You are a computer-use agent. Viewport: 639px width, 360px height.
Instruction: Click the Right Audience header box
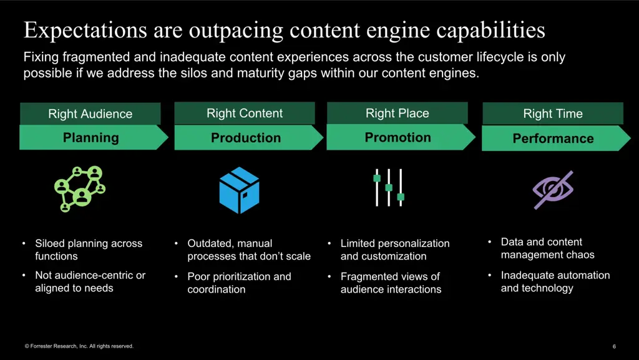point(90,114)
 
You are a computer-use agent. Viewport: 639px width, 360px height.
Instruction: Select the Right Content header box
point(245,114)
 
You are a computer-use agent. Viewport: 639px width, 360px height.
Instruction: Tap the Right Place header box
point(398,114)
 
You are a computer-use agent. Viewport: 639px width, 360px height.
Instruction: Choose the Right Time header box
point(553,114)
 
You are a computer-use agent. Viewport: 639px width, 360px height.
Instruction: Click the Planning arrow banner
point(91,138)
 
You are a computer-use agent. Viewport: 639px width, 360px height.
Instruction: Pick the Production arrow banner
point(246,138)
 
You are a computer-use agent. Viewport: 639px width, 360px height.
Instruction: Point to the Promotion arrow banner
point(398,137)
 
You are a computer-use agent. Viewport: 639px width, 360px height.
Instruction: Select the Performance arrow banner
point(553,139)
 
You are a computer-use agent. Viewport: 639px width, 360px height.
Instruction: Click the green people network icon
point(79,188)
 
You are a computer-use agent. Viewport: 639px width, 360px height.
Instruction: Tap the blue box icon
point(239,190)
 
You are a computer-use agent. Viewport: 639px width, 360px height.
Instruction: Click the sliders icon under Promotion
point(389,187)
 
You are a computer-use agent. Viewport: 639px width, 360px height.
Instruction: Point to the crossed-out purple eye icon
point(553,190)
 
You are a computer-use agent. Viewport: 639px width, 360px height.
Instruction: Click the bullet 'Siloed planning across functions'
point(89,250)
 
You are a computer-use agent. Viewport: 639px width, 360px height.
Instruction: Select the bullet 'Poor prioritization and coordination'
point(239,283)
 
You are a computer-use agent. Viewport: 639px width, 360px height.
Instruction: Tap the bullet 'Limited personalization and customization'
point(394,250)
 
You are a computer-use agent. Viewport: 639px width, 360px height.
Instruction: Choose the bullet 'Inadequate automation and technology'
point(555,281)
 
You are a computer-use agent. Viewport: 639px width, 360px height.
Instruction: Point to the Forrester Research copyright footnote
point(79,346)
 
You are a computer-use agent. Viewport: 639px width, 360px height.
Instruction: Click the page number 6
point(614,346)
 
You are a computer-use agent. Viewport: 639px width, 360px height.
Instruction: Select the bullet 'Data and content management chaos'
point(547,248)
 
